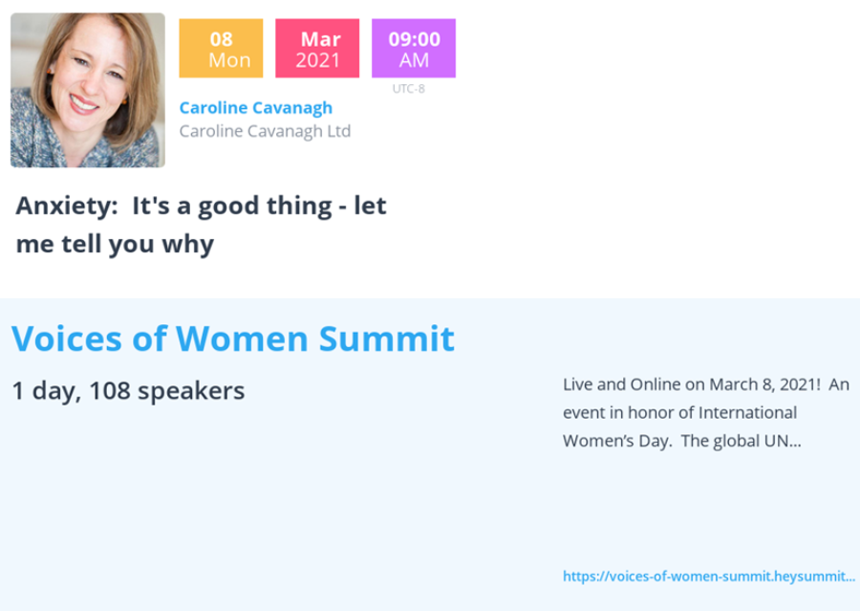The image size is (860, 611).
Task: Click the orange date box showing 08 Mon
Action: (221, 49)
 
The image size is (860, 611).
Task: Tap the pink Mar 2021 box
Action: (317, 49)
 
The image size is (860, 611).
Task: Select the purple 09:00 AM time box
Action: (414, 49)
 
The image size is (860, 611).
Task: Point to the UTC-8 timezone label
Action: (409, 89)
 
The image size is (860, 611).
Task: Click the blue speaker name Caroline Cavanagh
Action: (256, 108)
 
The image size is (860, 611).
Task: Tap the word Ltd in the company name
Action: (338, 131)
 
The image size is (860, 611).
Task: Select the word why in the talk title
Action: (187, 244)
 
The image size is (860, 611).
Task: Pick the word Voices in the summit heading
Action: (66, 338)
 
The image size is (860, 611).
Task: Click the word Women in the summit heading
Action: (242, 338)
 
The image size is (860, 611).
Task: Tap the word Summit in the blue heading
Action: (387, 338)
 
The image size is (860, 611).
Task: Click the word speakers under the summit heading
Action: (191, 392)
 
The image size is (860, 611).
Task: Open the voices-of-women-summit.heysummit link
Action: (709, 577)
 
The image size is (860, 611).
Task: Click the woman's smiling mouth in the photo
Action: (83, 104)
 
